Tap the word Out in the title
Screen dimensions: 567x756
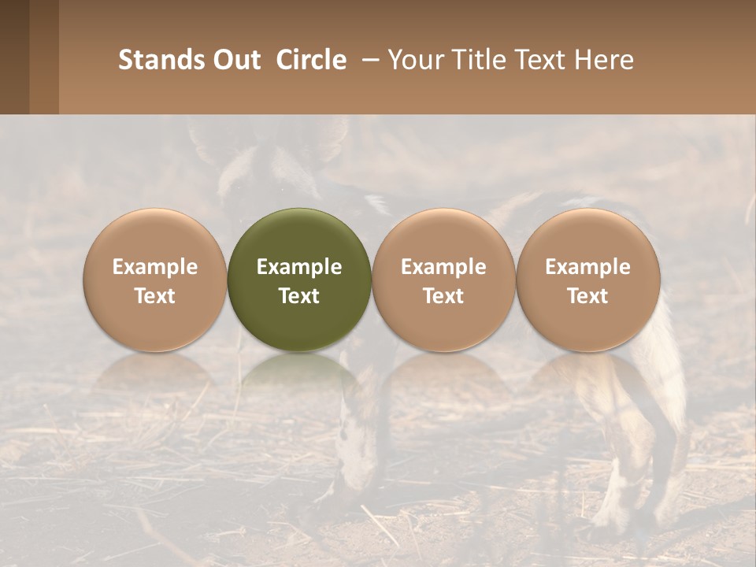[234, 60]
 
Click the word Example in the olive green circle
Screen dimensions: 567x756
[299, 267]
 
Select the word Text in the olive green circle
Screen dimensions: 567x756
[299, 296]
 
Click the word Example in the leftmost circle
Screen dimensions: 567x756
[155, 267]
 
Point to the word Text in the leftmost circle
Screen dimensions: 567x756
[155, 296]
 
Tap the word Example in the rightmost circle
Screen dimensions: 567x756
[587, 267]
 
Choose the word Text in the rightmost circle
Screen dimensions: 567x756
[587, 296]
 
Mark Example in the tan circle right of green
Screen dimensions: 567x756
[443, 267]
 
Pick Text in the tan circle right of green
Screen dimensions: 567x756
[443, 296]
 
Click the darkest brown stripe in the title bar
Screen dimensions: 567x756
[14, 57]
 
